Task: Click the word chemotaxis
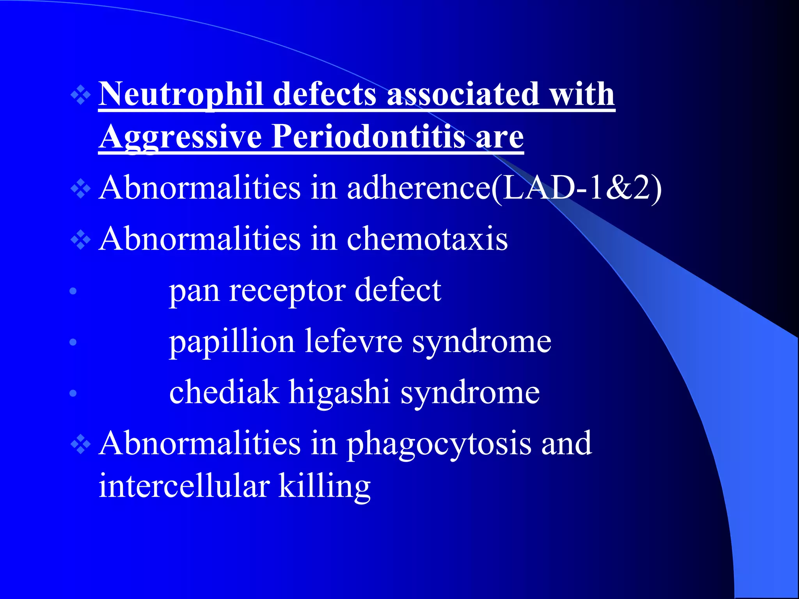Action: [427, 239]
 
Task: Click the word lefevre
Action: [353, 342]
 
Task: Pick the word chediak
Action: [224, 393]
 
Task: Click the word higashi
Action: [339, 393]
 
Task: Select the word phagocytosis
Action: [439, 444]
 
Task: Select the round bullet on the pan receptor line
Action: [73, 291]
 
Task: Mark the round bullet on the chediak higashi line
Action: [73, 393]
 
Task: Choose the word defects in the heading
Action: [325, 94]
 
